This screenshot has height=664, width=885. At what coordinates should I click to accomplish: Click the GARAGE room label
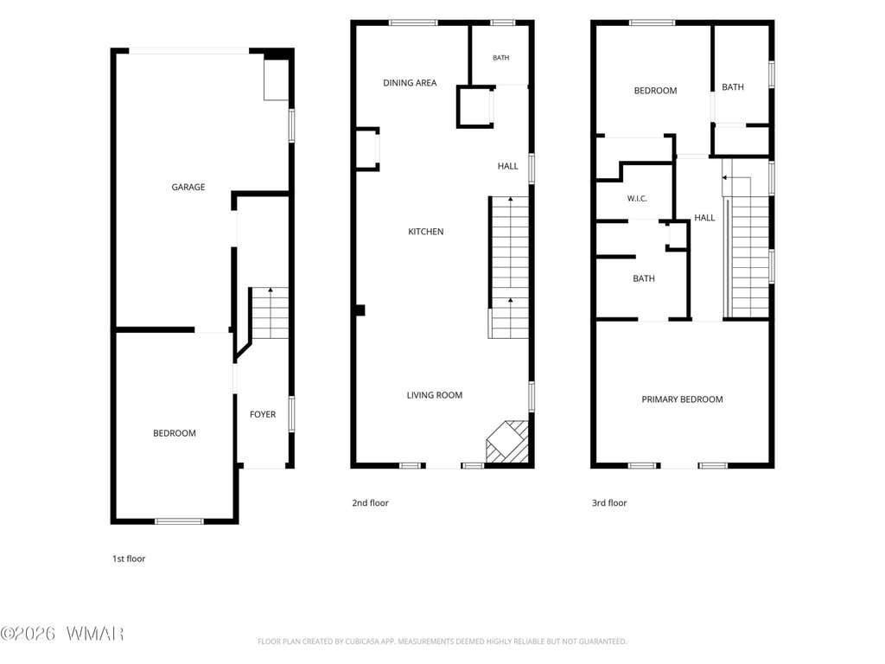tap(188, 187)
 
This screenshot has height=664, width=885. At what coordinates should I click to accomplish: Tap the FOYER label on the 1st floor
tap(263, 414)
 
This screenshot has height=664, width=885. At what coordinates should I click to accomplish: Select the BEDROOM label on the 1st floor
tap(175, 433)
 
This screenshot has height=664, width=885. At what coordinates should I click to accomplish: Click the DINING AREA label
tap(410, 83)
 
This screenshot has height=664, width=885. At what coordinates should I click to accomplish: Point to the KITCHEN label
tap(425, 232)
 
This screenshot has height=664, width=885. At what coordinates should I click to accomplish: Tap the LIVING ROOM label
tap(435, 395)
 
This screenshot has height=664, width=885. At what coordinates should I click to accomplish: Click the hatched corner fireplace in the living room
tap(508, 442)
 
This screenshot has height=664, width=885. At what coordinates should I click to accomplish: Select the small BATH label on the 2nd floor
tap(500, 58)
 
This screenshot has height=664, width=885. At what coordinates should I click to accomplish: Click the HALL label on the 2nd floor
tap(507, 166)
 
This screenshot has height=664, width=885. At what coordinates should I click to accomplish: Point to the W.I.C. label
tap(637, 199)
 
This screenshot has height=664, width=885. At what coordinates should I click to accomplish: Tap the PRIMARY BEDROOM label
tap(682, 399)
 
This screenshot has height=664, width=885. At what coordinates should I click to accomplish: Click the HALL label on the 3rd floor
tap(704, 218)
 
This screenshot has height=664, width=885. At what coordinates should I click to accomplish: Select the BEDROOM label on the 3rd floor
tap(655, 91)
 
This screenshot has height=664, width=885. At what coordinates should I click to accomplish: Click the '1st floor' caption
tap(129, 559)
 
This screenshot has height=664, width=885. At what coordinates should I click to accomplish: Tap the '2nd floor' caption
tap(370, 503)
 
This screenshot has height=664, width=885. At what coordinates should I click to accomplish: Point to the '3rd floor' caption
tap(609, 503)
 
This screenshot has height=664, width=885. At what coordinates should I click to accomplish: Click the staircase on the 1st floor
tap(270, 313)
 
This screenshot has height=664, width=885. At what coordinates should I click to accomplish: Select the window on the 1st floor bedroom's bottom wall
tap(179, 521)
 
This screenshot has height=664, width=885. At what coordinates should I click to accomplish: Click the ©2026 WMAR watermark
tap(62, 634)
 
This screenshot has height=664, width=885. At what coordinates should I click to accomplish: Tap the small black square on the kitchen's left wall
tap(360, 310)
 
